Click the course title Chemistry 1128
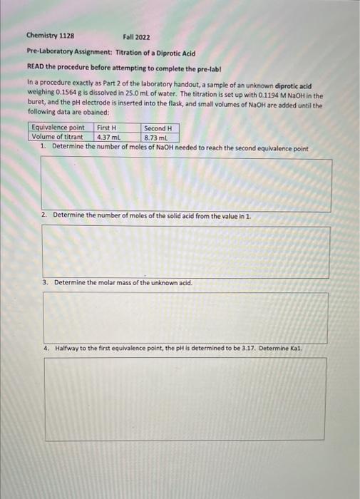pyautogui.click(x=51, y=36)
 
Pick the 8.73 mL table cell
pyautogui.click(x=155, y=137)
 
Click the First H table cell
pyautogui.click(x=106, y=128)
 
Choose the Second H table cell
pyautogui.click(x=158, y=128)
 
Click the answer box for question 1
pyautogui.click(x=186, y=184)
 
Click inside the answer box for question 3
pyautogui.click(x=186, y=318)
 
